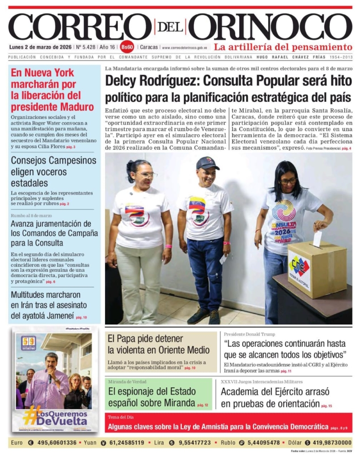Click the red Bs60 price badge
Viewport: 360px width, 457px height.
pyautogui.click(x=127, y=47)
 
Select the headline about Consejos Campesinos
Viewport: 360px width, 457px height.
pyautogui.click(x=53, y=172)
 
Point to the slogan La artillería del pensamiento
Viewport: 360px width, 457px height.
pyautogui.click(x=283, y=47)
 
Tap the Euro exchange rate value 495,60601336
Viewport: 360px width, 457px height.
pyautogui.click(x=57, y=443)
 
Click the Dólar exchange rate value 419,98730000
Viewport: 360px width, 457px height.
pyautogui.click(x=329, y=443)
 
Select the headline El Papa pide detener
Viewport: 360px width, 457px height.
pyautogui.click(x=159, y=344)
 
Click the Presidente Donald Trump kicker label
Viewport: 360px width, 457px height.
pyautogui.click(x=249, y=334)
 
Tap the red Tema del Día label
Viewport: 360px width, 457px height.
pyautogui.click(x=121, y=417)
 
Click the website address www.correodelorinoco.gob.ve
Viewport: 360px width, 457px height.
pyautogui.click(x=184, y=47)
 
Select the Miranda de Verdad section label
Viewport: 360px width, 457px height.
pyautogui.click(x=127, y=382)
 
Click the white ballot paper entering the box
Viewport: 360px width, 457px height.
pyautogui.click(x=317, y=239)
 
